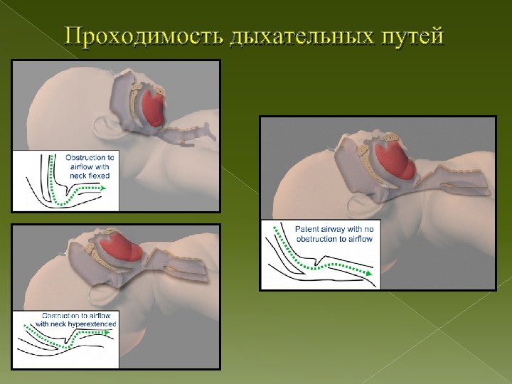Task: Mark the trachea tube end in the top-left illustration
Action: coord(211,127)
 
